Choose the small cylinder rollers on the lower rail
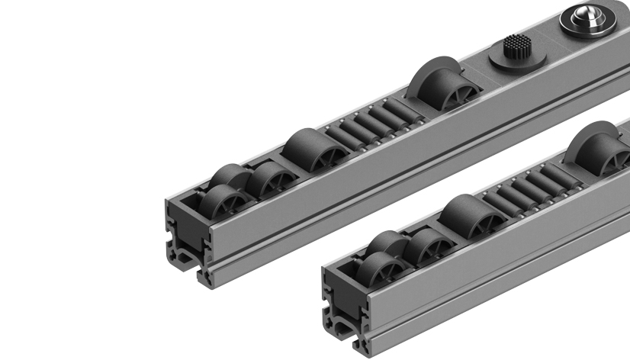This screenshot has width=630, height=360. pos(526,191)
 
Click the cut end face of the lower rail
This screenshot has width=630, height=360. pos(344,305)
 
